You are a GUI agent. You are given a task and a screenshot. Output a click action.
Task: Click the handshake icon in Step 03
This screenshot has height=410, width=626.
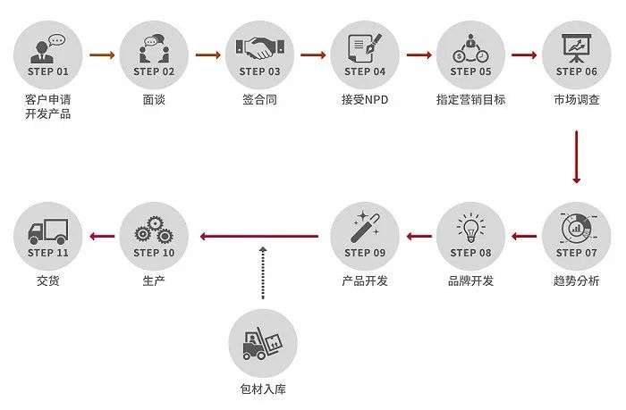(260, 48)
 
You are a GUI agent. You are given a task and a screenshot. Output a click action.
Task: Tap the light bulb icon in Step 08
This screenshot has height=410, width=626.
(471, 228)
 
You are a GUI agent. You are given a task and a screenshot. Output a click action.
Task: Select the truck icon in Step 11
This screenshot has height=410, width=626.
(48, 231)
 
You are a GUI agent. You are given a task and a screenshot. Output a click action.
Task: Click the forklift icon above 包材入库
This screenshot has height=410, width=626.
(262, 343)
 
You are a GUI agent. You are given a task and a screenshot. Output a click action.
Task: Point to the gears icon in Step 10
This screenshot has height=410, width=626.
(154, 230)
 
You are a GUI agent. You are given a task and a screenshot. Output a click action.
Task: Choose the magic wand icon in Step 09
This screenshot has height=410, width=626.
(365, 227)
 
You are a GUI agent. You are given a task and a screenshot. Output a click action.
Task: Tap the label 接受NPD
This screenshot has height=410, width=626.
(365, 99)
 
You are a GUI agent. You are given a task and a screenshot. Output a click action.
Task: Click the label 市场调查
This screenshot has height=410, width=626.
(577, 99)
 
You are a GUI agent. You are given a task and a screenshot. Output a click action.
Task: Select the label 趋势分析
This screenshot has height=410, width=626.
(577, 280)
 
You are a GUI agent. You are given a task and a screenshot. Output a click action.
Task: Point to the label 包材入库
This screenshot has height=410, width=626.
(263, 389)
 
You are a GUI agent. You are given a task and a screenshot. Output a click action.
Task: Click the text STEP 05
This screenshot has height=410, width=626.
(470, 71)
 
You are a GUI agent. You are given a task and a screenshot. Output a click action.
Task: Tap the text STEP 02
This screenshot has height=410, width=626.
(154, 71)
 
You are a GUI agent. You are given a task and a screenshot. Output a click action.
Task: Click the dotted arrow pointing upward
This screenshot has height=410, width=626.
(263, 272)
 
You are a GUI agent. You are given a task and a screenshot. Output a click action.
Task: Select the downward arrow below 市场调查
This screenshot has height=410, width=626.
(577, 156)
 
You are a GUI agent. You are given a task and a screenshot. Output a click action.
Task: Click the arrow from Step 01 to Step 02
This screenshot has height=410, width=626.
(102, 54)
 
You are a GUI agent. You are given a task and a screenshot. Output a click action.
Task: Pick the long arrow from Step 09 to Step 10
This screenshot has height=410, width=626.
(259, 237)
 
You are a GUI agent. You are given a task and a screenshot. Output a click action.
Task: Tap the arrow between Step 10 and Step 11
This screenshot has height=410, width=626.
(102, 237)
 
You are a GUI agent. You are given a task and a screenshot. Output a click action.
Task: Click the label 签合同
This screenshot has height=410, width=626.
(259, 99)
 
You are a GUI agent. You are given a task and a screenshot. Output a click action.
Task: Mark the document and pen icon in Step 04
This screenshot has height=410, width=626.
(365, 48)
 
